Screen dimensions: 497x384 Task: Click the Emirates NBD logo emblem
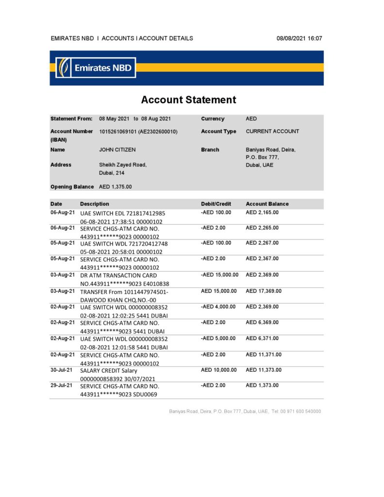[63, 67]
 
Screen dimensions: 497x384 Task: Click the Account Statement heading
[188, 100]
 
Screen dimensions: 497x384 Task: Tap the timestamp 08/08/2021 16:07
[299, 38]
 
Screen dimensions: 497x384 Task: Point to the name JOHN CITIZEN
[117, 150]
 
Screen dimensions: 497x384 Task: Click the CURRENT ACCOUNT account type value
[272, 132]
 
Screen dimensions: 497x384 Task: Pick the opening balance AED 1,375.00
[115, 186]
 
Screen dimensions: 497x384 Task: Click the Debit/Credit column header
[216, 204]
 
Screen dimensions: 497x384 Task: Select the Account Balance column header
[267, 204]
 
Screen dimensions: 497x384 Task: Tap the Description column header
[95, 204]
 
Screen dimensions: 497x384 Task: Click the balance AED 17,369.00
[264, 291]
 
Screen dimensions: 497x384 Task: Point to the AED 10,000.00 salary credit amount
[218, 370]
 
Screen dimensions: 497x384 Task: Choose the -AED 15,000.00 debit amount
[219, 275]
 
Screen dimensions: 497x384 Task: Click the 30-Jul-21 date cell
[63, 370]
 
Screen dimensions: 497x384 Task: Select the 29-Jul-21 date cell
[63, 385]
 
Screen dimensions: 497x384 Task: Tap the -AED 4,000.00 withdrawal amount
[218, 307]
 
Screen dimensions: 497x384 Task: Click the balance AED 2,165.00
[262, 213]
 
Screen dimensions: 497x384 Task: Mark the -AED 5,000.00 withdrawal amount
[218, 338]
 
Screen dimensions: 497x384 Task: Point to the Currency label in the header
[213, 119]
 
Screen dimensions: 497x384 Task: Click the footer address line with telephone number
[245, 411]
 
